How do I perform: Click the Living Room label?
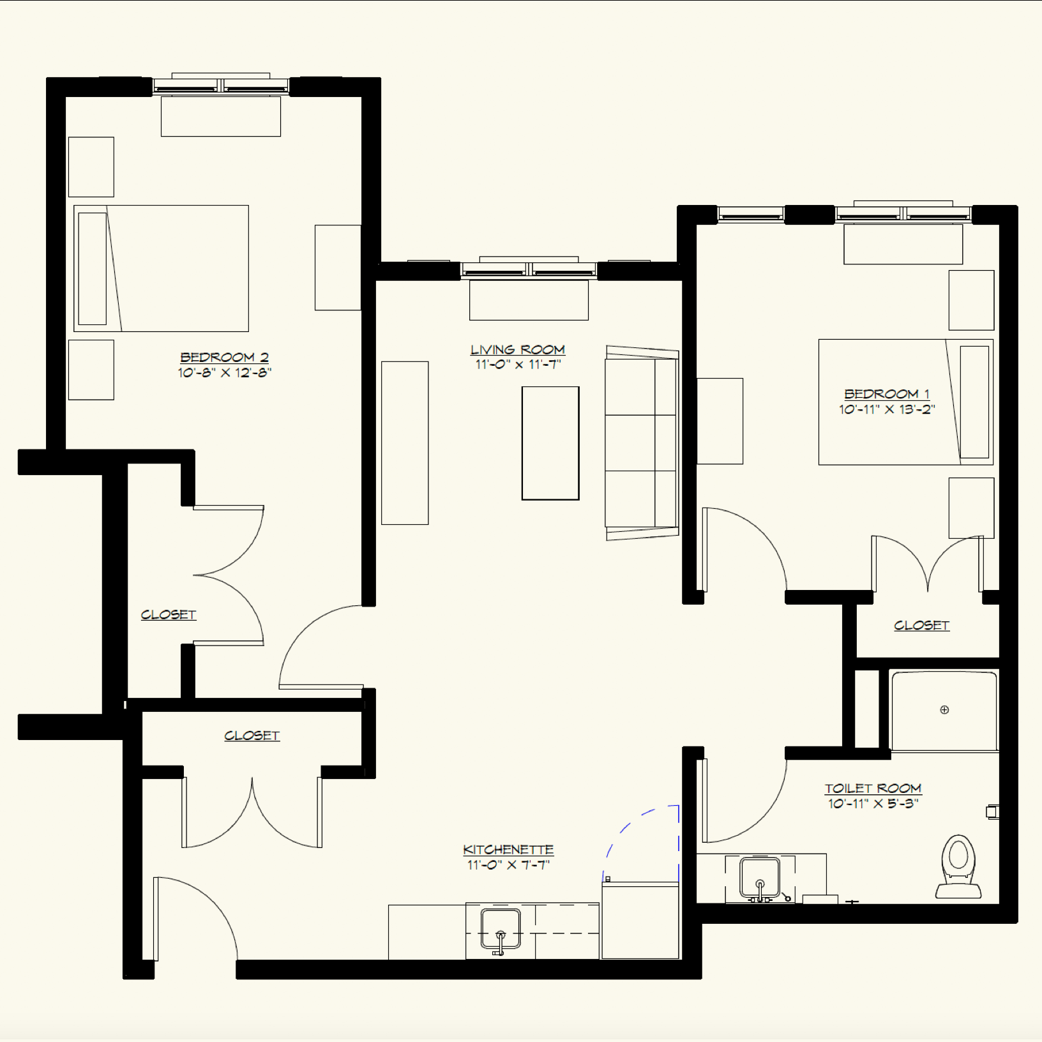517,350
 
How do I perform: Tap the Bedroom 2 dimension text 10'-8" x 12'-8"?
225,373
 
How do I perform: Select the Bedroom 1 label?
886,394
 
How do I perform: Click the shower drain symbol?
944,709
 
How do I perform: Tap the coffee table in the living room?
550,443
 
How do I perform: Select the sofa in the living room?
641,443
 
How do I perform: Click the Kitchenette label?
508,850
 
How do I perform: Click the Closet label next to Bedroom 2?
169,615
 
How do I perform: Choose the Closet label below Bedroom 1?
921,626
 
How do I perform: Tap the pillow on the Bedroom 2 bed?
93,269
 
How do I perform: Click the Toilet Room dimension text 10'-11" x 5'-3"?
873,804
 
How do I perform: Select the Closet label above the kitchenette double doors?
252,736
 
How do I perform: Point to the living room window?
529,271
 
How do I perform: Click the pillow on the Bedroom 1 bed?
974,402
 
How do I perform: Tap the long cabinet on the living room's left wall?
405,443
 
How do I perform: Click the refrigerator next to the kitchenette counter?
640,921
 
